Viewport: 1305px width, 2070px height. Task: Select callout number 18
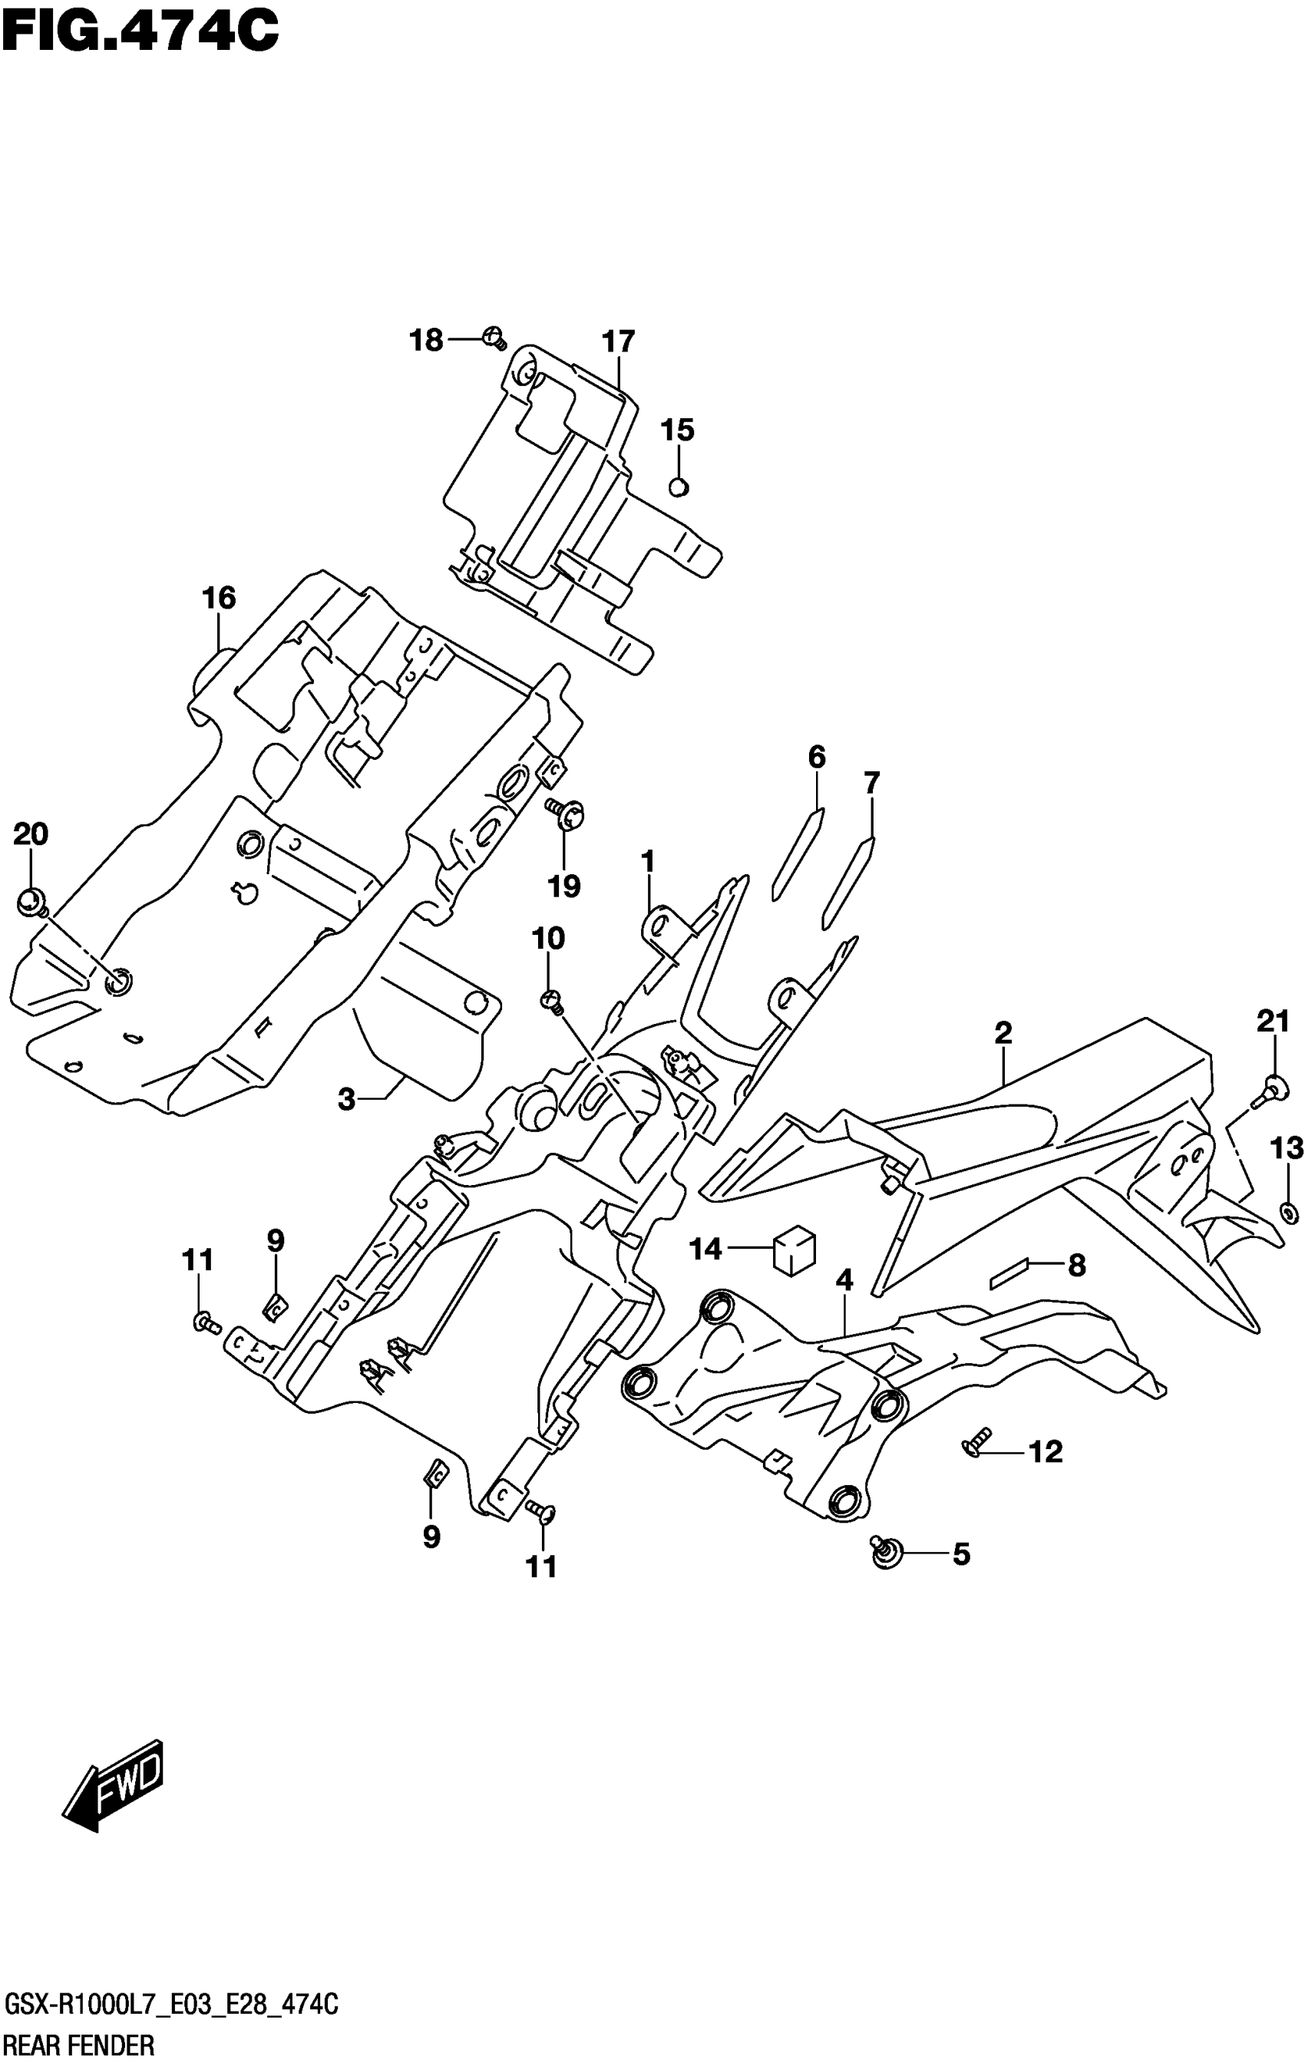pos(425,342)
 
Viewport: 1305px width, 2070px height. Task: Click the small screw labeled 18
pos(494,338)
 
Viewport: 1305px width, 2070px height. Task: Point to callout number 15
pos(677,430)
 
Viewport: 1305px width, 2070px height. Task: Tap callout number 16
pos(218,597)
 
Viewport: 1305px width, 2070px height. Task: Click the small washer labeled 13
pos(1288,1213)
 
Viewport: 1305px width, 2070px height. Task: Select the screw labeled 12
pos(976,1444)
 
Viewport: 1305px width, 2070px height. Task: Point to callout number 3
pos(346,1098)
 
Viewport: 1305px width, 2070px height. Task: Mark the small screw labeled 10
pos(552,999)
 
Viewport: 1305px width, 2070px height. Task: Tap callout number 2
pos(1003,1032)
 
